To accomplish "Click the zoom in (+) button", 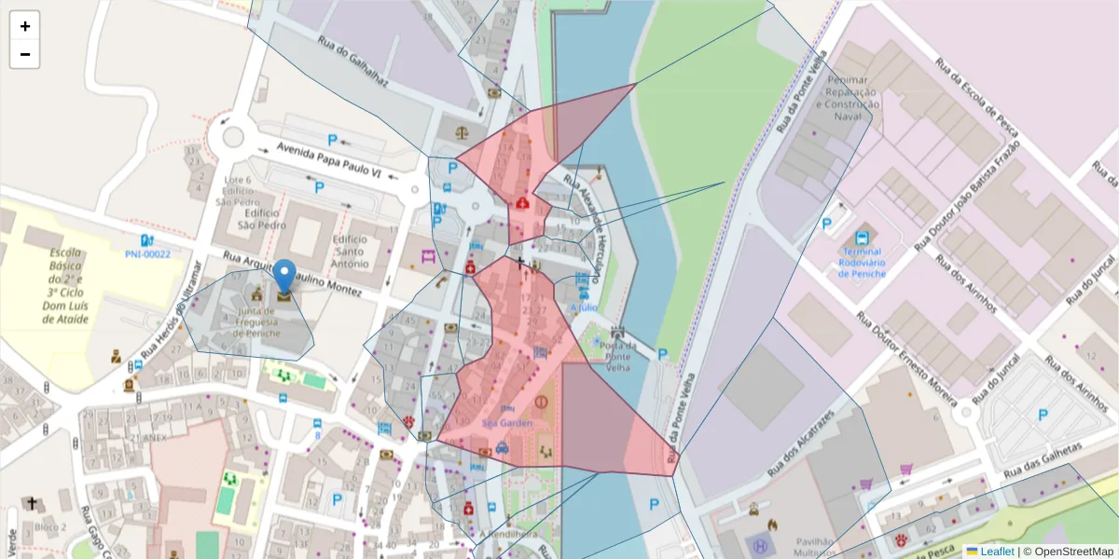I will [24, 26].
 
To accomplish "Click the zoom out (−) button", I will [24, 54].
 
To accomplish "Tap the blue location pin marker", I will [284, 279].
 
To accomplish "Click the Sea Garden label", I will [507, 423].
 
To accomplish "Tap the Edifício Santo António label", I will [351, 251].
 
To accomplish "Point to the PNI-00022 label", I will [147, 253].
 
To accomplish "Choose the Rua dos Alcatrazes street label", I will [801, 439].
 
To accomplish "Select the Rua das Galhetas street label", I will [1043, 461].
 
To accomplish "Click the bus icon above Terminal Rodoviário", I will [861, 239].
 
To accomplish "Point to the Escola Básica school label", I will [66, 285].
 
